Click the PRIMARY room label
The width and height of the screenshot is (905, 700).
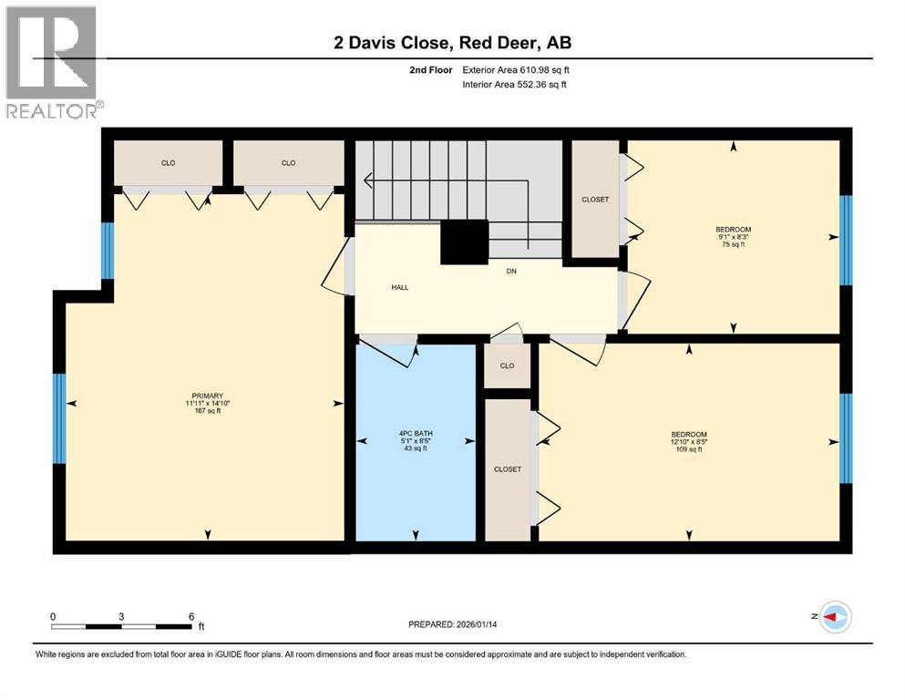click(x=207, y=396)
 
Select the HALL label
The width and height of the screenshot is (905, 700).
click(x=399, y=287)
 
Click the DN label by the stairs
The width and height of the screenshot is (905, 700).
click(x=512, y=270)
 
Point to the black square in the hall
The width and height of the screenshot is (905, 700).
click(x=465, y=243)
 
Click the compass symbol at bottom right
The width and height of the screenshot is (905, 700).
click(x=835, y=617)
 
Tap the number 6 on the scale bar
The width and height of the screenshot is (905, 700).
click(x=191, y=616)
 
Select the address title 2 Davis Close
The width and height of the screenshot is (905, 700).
click(x=451, y=43)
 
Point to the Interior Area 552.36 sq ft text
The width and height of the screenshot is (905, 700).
click(x=516, y=85)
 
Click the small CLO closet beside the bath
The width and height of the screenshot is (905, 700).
click(x=507, y=365)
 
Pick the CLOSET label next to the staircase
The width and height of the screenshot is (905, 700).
click(x=595, y=200)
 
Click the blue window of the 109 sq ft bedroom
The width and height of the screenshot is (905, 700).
click(x=845, y=438)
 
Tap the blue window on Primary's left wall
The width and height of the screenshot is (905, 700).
click(x=60, y=417)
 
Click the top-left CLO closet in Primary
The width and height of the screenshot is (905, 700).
click(x=168, y=163)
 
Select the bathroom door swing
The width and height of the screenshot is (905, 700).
click(x=386, y=350)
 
